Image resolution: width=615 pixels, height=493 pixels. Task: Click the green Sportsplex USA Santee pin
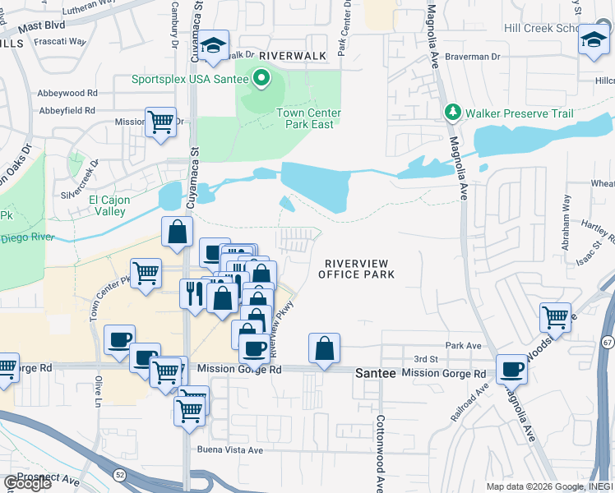(x=261, y=80)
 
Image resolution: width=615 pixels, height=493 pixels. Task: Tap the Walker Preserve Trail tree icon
(x=451, y=112)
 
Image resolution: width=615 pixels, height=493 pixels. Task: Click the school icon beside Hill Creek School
(x=594, y=39)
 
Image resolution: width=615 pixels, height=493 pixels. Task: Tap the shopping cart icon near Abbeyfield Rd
(x=161, y=122)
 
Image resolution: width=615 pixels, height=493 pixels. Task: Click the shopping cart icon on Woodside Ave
(x=556, y=316)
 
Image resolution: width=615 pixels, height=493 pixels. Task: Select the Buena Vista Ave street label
(x=229, y=449)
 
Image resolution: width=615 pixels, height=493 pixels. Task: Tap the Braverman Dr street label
(x=472, y=57)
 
